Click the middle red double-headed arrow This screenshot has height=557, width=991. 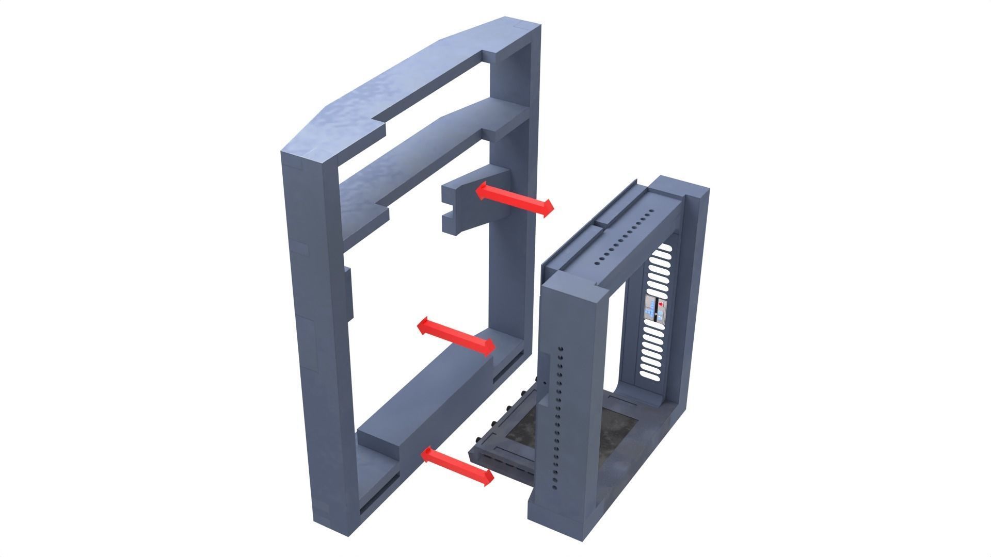coord(456,337)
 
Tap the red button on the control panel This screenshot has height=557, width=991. coord(661,305)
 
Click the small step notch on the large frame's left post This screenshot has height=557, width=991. coord(347,294)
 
